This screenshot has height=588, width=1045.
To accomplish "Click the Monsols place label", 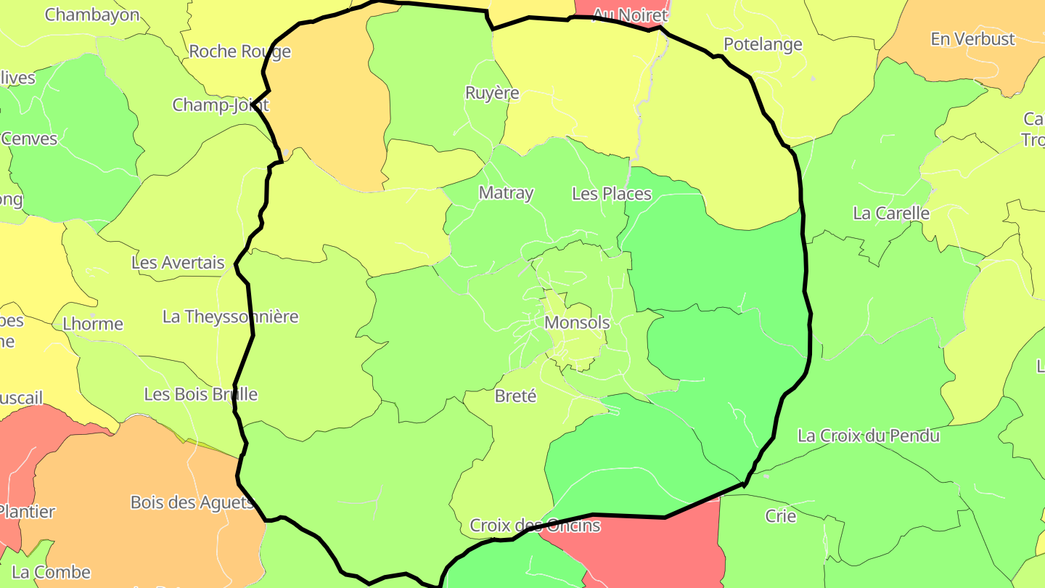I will point(577,322).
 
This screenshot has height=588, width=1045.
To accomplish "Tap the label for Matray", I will point(506,193).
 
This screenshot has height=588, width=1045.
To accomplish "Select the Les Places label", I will point(612,194).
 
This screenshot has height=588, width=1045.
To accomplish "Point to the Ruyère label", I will point(492,93).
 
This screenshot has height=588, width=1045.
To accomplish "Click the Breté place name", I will point(515,396).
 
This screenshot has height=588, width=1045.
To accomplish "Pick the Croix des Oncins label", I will point(535,525).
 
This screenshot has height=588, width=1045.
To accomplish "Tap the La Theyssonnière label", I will point(230,317).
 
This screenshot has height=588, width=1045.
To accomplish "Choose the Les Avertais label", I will point(178,263).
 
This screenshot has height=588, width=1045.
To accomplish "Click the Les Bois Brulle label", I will point(200,394).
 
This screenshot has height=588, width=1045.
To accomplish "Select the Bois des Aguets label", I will point(192,502).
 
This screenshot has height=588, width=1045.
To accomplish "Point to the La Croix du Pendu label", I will point(869,436).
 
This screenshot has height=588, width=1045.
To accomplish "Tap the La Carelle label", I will point(891,213).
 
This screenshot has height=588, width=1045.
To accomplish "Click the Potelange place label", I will point(763,44).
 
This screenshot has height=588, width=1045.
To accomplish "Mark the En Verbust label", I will point(972,39).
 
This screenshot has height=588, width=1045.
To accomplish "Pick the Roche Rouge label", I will point(239,52).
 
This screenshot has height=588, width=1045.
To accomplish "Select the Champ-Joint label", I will point(220,105).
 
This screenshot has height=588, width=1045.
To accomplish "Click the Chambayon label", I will point(92,15).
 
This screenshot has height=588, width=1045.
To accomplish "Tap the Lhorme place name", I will point(93,324).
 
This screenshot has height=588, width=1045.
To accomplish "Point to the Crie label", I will point(780,516).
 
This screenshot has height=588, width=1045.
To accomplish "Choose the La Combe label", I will point(51,572).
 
